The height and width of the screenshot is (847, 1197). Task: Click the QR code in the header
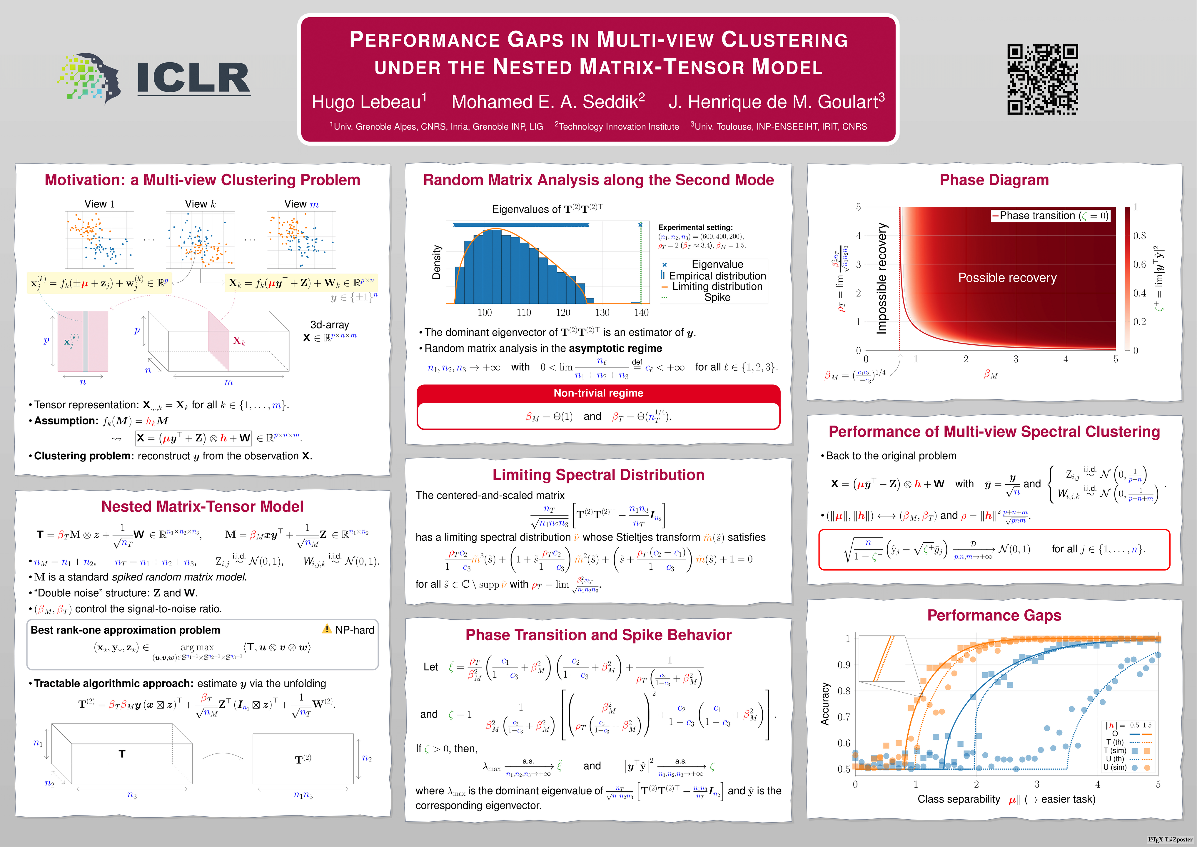1042,79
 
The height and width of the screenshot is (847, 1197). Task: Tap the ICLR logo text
193,78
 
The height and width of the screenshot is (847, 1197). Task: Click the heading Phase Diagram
994,180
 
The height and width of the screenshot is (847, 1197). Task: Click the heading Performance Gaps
994,616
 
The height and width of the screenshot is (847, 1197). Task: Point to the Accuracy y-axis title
825,703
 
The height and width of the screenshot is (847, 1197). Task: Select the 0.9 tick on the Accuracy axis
844,665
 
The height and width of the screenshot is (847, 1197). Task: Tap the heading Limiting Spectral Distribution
598,475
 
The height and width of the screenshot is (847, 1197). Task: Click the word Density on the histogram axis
437,262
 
